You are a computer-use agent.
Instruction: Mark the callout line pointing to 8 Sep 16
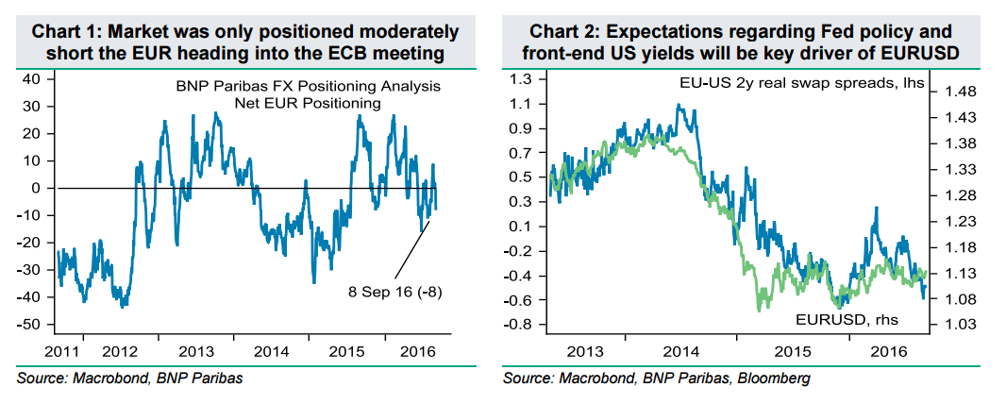[411, 247]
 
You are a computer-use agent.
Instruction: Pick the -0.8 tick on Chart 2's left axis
[517, 325]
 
